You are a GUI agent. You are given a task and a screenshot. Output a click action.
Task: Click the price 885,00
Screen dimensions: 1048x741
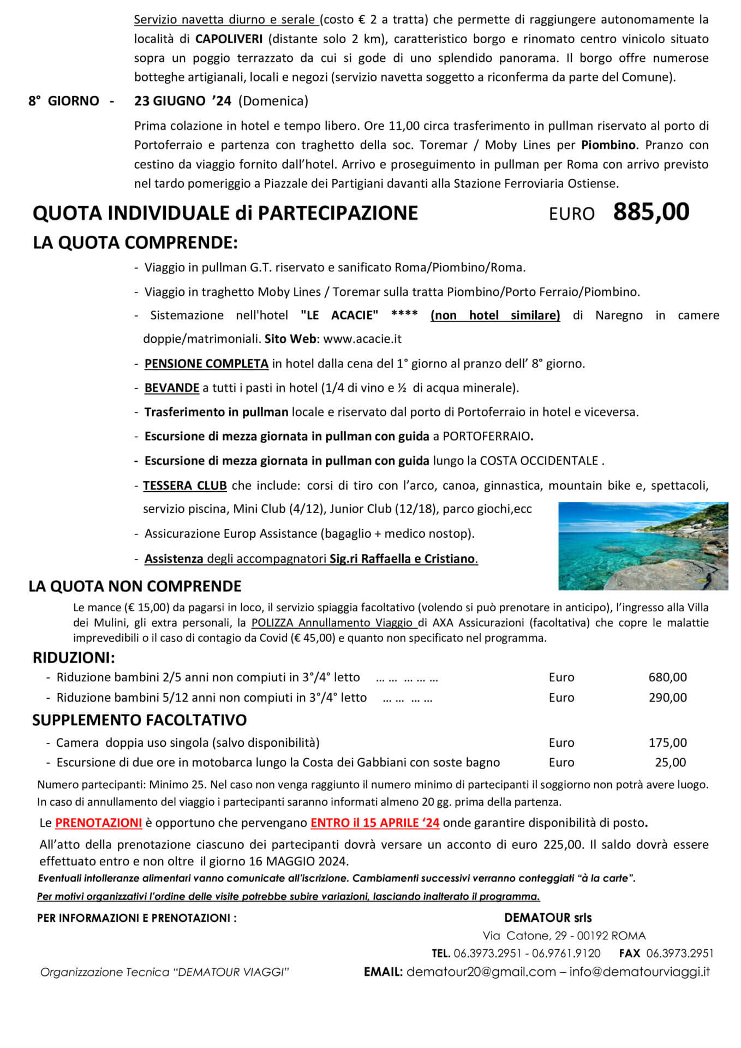651,212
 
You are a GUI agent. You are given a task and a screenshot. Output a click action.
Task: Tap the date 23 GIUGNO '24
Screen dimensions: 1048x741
183,101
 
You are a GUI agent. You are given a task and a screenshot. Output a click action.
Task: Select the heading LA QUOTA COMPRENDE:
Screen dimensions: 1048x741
135,242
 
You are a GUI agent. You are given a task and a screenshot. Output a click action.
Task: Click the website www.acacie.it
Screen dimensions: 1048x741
362,338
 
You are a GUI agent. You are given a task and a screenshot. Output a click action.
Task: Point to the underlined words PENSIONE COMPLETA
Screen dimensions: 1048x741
206,364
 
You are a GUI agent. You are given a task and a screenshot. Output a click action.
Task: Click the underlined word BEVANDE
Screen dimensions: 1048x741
172,388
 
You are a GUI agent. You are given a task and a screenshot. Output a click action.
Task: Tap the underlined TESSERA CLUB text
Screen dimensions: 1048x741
185,485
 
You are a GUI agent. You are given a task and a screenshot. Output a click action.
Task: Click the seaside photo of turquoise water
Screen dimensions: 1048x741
643,545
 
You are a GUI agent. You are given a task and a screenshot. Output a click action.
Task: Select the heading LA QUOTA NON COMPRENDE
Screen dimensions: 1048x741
135,586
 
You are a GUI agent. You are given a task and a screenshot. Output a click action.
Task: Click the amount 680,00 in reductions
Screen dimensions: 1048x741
667,677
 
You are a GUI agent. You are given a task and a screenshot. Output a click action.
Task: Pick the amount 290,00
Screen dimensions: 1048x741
667,698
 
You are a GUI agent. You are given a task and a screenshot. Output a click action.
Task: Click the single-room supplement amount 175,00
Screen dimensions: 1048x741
667,742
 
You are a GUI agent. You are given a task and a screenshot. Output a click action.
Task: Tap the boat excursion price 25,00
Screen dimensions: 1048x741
671,763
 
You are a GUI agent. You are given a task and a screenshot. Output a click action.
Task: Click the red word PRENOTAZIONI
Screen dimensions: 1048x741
99,823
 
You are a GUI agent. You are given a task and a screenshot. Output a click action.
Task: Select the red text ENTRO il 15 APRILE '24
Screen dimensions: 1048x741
375,823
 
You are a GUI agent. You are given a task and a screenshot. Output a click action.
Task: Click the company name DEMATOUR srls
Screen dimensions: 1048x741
548,918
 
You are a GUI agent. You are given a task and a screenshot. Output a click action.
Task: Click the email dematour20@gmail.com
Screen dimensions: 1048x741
481,972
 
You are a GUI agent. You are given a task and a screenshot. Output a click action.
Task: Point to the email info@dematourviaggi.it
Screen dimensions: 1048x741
640,972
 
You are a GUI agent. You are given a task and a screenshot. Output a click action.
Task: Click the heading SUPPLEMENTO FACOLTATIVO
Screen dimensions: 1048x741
139,720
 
